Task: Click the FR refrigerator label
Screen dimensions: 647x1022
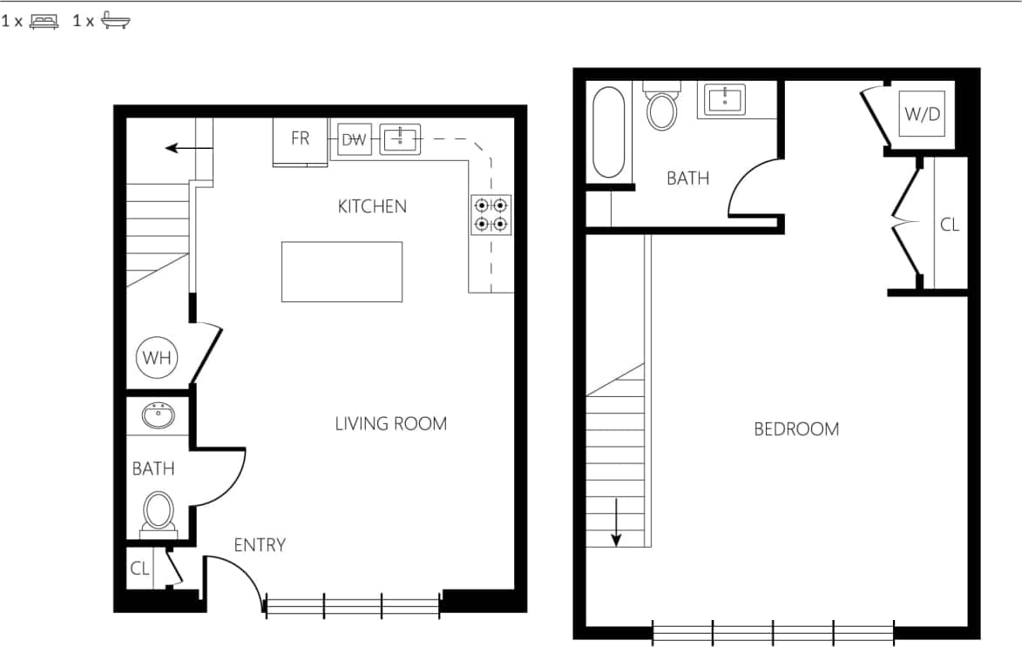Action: tap(300, 138)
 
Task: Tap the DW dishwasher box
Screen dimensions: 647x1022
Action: tap(354, 139)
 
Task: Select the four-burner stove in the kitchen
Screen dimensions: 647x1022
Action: tap(491, 215)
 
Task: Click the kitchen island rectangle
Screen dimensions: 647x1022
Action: tap(342, 272)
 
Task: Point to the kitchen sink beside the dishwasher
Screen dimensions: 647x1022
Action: tap(400, 139)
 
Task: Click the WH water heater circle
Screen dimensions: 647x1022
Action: tap(157, 357)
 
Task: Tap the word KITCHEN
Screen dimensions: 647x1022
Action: tap(372, 206)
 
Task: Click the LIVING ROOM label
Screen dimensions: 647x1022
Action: tap(390, 424)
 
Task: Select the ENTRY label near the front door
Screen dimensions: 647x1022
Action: tap(260, 545)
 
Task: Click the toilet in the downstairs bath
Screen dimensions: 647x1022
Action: tap(158, 511)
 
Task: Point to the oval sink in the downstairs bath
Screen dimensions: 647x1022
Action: tap(158, 416)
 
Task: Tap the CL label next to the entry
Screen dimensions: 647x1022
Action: tap(139, 569)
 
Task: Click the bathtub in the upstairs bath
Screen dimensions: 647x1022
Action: tap(608, 132)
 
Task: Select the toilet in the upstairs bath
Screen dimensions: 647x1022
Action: tap(662, 109)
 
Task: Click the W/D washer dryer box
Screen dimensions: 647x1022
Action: tap(922, 114)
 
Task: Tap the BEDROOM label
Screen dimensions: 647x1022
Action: tap(796, 429)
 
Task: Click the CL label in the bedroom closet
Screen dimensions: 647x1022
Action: tap(949, 225)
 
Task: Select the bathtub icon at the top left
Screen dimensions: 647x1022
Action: tap(115, 21)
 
